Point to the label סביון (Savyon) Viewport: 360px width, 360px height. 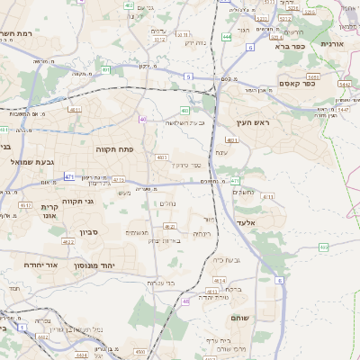click(94, 231)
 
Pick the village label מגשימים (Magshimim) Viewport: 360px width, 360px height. click(137, 232)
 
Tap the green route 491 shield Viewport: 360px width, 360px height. click(106, 69)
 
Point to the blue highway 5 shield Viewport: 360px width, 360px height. click(189, 77)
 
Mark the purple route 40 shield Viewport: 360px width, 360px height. click(142, 119)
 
